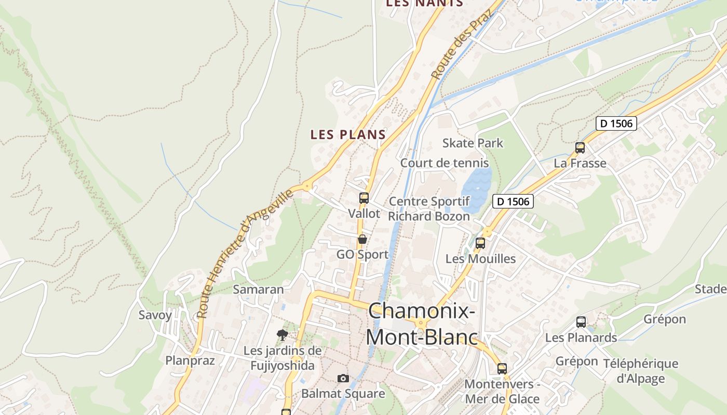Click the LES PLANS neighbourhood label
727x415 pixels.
[x=348, y=134]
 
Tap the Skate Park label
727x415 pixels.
[x=473, y=143]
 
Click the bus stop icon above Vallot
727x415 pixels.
[x=363, y=198]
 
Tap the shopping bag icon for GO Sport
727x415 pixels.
[x=362, y=239]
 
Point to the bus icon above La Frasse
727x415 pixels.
[x=580, y=148]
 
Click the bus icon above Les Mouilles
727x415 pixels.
[x=480, y=243]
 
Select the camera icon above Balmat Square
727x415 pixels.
[x=343, y=378]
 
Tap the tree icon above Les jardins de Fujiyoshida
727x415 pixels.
[x=282, y=335]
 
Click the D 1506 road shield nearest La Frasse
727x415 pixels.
[x=616, y=123]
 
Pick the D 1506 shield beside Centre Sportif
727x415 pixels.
[x=513, y=201]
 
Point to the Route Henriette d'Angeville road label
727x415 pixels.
[x=245, y=255]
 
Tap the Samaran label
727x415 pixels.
[x=258, y=289]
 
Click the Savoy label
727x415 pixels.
[x=155, y=315]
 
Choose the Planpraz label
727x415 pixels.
[x=190, y=361]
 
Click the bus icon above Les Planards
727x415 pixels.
[x=581, y=322]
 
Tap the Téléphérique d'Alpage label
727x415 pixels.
[x=640, y=371]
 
